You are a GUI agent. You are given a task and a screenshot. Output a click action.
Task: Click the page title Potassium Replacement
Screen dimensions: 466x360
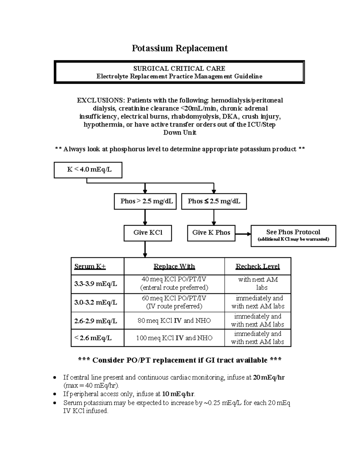[180, 48]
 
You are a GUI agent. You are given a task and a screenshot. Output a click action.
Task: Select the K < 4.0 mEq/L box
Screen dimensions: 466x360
[88, 170]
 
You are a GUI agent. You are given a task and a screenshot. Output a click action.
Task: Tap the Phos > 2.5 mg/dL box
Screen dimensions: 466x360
[145, 201]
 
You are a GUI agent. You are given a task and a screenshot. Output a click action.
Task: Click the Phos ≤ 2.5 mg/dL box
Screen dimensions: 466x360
[214, 201]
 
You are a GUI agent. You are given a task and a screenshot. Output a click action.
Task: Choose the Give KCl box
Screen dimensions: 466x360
[148, 233]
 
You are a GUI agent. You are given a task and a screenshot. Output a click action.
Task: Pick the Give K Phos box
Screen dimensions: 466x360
[211, 233]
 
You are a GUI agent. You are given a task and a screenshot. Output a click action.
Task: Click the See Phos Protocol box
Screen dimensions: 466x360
[293, 236]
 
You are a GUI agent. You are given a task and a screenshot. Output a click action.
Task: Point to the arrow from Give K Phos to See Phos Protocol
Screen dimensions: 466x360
[243, 234]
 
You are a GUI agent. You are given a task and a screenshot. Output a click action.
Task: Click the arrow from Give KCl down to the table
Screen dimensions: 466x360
[145, 249]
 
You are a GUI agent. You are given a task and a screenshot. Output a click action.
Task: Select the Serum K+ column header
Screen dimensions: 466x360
[90, 266]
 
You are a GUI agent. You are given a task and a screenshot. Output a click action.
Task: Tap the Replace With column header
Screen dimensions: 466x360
[174, 266]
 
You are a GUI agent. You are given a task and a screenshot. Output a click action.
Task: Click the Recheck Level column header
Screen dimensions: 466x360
[257, 266]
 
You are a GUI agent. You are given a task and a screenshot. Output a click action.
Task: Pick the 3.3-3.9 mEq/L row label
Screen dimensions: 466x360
[96, 284]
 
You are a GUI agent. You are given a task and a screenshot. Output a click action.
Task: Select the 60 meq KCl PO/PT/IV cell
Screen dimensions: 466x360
[174, 302]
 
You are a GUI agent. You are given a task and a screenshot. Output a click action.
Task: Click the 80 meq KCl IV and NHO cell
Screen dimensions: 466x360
[174, 321]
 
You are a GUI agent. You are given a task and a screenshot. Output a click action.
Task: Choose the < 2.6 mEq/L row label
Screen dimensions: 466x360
[93, 338]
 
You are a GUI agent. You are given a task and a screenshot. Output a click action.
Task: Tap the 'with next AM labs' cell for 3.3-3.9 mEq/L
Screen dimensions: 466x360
[258, 284]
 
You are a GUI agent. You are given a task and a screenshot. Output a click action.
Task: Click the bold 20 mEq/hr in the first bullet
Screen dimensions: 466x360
[269, 377]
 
